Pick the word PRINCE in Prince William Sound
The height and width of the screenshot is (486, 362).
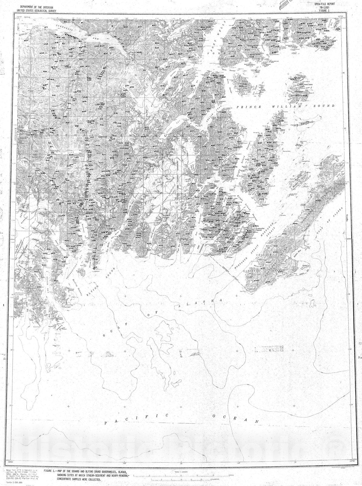(x=247, y=107)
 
